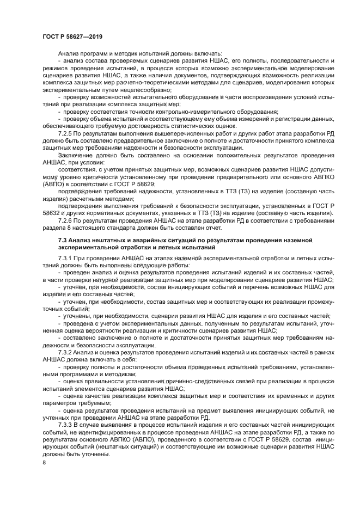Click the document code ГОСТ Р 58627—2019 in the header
click(x=72, y=36)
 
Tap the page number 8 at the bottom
click(x=44, y=462)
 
